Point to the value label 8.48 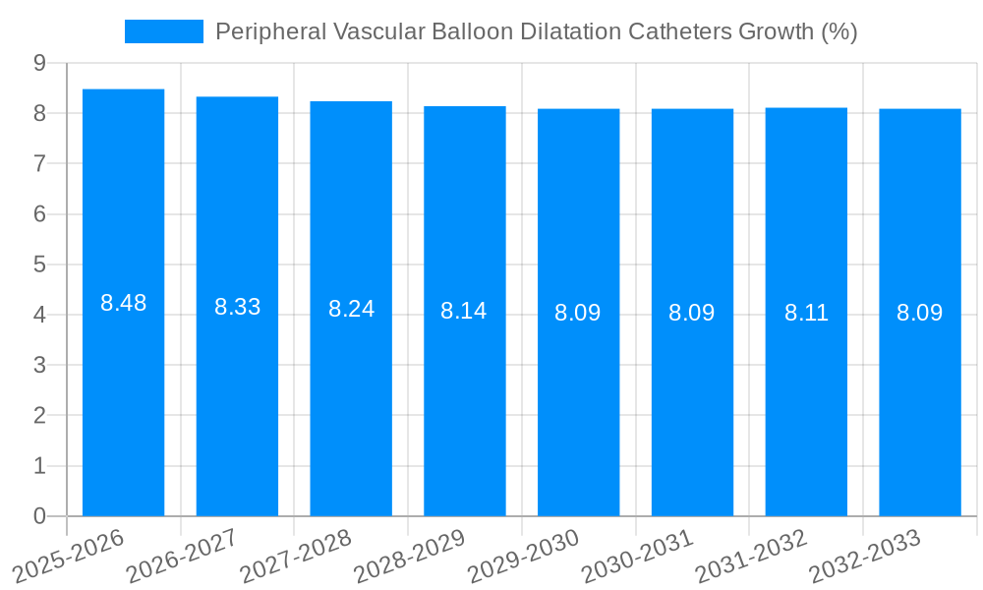pos(123,303)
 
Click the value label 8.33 pos(237,307)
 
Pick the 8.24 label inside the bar pos(351,309)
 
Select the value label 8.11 pos(806,313)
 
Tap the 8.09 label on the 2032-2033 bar pos(919,313)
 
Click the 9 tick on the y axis pos(39,63)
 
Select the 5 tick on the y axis pos(39,265)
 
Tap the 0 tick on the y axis pos(39,515)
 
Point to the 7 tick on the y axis pos(39,163)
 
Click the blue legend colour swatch pos(163,31)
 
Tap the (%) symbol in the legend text pos(838,31)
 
